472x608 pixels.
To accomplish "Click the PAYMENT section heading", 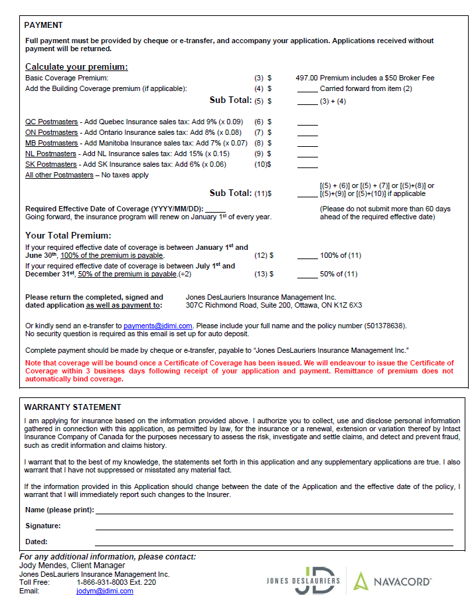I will tap(43, 25).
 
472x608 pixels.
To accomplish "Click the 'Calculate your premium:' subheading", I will tap(76, 66).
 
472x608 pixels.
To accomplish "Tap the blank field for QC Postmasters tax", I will tap(307, 122).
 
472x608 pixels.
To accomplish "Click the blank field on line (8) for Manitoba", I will tap(307, 143).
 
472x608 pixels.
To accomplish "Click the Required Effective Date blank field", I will tap(215, 209).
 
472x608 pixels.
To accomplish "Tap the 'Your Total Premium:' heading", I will tap(68, 235).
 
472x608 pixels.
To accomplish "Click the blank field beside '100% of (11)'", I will tap(307, 254).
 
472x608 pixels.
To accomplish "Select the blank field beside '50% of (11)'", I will tap(307, 273).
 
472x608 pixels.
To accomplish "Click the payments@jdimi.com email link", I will tap(157, 326).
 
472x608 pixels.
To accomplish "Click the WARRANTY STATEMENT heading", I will tap(72, 407).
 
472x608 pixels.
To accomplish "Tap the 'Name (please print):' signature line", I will tap(274, 510).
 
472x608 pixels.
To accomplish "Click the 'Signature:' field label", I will tap(43, 526).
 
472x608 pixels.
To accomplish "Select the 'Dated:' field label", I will tap(37, 542).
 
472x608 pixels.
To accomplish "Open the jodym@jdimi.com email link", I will tap(104, 591).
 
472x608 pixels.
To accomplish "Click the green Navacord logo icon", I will tap(360, 581).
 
